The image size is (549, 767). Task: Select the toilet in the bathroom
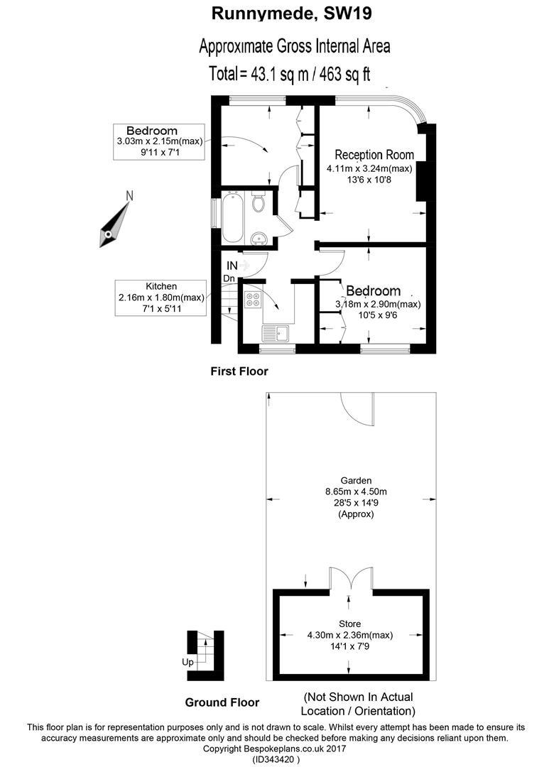click(259, 202)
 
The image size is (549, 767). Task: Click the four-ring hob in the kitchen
click(253, 300)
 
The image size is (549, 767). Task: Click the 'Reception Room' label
click(374, 155)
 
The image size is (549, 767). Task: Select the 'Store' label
click(349, 624)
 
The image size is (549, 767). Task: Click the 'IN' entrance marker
click(232, 265)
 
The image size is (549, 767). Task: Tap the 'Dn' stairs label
click(229, 278)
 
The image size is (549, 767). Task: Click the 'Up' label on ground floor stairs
click(187, 662)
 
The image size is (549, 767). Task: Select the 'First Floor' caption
click(239, 371)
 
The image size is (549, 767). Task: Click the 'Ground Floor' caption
click(222, 702)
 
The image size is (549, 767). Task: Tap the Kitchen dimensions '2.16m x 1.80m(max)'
click(161, 297)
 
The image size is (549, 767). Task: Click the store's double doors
click(351, 579)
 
